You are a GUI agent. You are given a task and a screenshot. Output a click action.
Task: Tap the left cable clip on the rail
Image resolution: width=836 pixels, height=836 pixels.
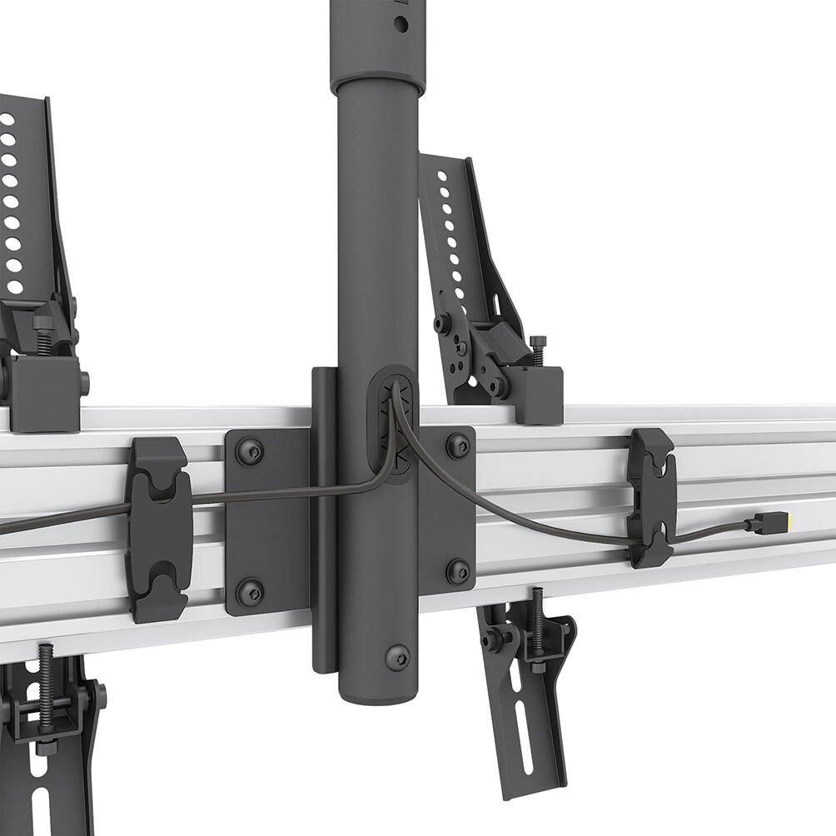[x=157, y=530]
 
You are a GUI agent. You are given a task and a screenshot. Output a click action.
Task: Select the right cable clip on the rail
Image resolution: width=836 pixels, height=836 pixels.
[x=652, y=497]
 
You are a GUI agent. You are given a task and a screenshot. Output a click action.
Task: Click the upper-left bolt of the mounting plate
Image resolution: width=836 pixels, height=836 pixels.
[x=249, y=452]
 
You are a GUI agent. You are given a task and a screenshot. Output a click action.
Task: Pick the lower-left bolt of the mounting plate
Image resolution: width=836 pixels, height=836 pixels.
[x=249, y=592]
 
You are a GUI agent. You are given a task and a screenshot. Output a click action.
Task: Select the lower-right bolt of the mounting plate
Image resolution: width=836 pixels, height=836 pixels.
[x=457, y=571]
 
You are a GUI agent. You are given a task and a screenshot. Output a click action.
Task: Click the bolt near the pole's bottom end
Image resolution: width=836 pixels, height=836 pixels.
[x=397, y=657]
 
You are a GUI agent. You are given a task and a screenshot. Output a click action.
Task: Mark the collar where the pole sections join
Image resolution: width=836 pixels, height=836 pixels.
[x=376, y=83]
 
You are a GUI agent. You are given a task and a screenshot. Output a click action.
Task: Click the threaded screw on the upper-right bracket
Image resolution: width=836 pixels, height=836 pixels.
[x=537, y=350]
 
